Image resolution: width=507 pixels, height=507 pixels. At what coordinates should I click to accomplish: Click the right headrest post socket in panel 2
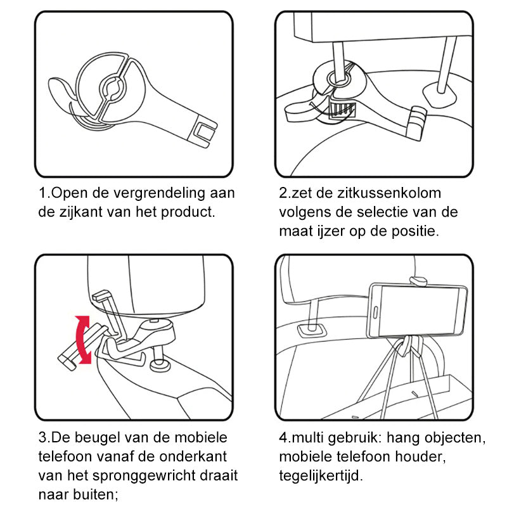pyautogui.click(x=439, y=92)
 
